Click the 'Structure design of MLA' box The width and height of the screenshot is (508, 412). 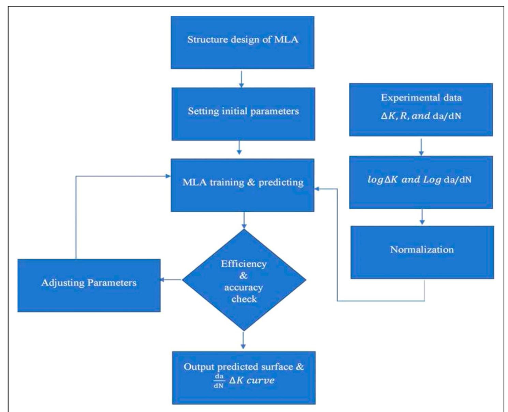point(242,42)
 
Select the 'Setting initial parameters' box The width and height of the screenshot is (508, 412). point(243,114)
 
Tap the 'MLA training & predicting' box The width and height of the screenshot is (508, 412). point(242,185)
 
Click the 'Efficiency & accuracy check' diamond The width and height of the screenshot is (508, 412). point(244,280)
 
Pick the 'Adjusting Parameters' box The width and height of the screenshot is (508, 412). point(89,285)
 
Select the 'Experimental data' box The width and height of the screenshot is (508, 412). point(421,110)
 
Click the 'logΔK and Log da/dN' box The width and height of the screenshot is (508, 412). point(421,182)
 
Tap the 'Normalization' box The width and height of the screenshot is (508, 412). point(422,252)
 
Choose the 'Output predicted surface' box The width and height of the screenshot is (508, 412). point(243,378)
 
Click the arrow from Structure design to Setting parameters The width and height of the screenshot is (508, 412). point(241,79)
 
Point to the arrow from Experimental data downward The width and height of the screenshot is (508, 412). point(421,147)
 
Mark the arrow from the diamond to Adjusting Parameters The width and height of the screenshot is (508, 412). point(171,280)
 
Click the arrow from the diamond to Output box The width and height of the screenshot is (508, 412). point(243,340)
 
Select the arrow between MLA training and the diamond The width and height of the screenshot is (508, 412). point(244,220)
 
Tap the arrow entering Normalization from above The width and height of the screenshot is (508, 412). point(422,217)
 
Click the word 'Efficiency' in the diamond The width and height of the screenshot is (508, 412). point(243,264)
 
